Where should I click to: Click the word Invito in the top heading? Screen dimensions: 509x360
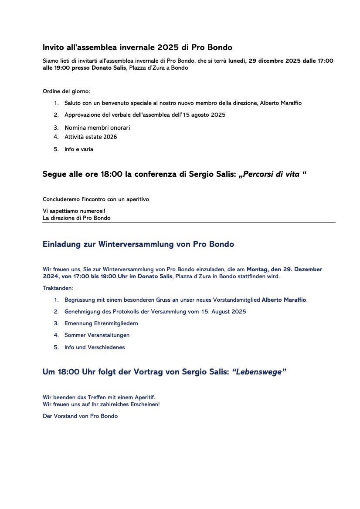(x=53, y=47)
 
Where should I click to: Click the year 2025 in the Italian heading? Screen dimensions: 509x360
(x=168, y=47)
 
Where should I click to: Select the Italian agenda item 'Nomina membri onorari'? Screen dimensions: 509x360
(x=97, y=128)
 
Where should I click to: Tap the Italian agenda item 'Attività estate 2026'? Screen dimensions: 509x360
(x=91, y=137)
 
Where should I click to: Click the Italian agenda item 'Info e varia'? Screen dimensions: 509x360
(x=78, y=149)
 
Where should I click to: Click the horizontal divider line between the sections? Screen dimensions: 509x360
(x=189, y=222)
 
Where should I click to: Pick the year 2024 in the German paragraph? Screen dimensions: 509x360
(x=51, y=276)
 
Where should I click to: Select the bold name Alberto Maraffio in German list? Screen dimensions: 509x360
(x=284, y=300)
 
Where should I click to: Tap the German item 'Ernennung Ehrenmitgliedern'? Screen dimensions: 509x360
(x=101, y=324)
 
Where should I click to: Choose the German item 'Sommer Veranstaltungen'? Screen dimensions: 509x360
(x=97, y=335)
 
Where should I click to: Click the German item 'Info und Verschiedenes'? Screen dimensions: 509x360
(x=95, y=347)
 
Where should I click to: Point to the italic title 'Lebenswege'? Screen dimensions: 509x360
(x=259, y=372)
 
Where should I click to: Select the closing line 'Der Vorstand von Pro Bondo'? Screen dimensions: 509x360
(x=80, y=416)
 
